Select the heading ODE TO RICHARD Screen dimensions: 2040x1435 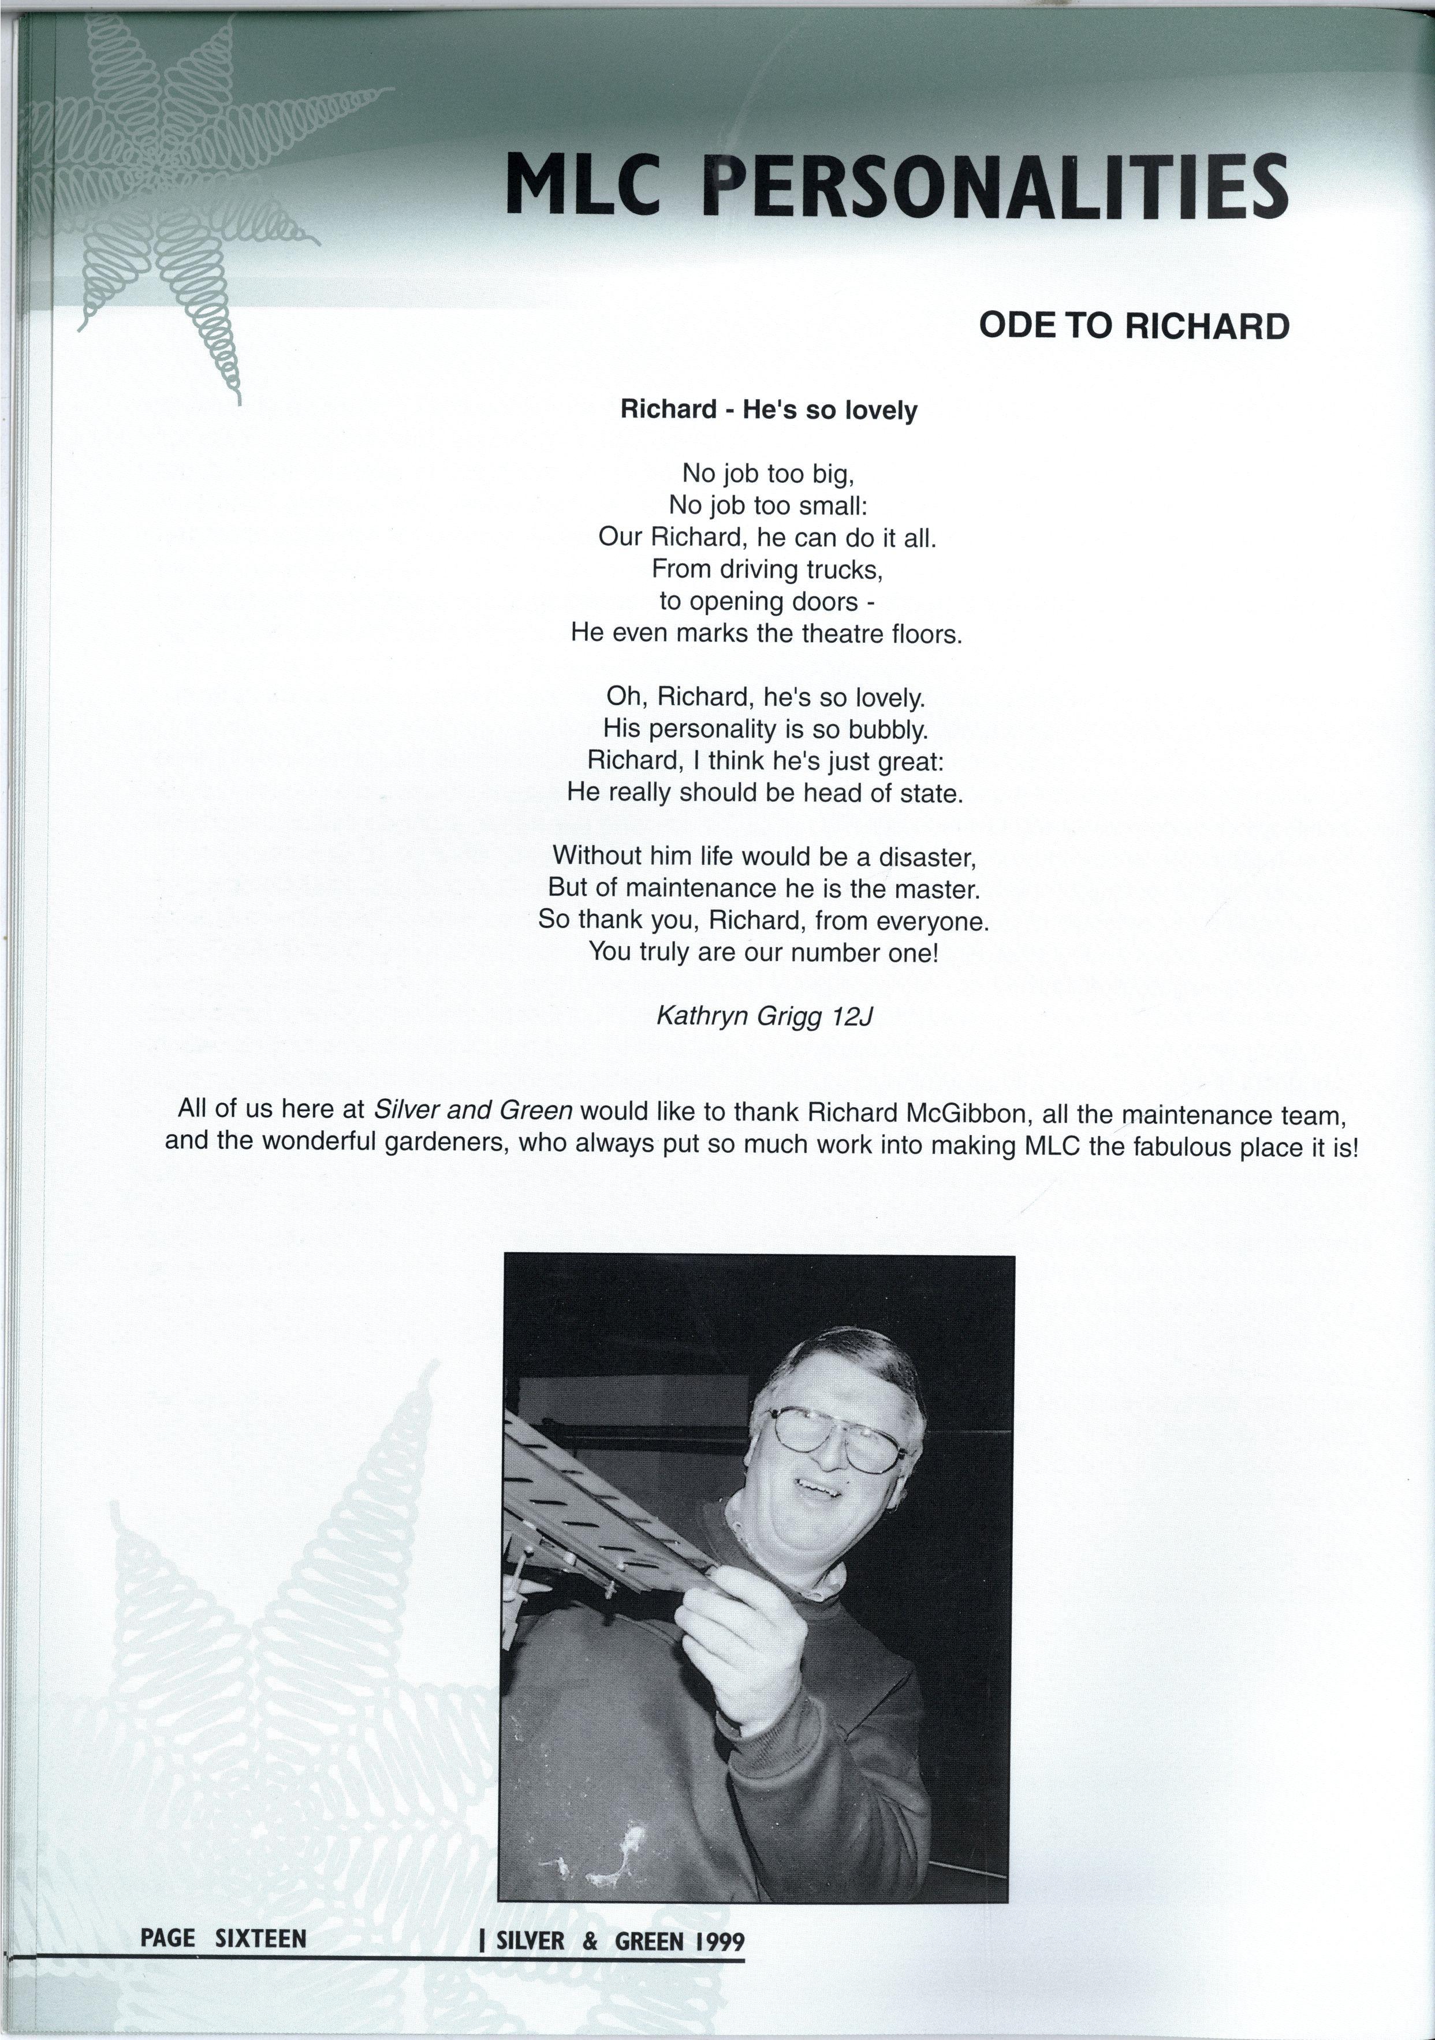point(1133,326)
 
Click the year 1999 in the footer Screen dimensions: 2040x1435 point(720,1941)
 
